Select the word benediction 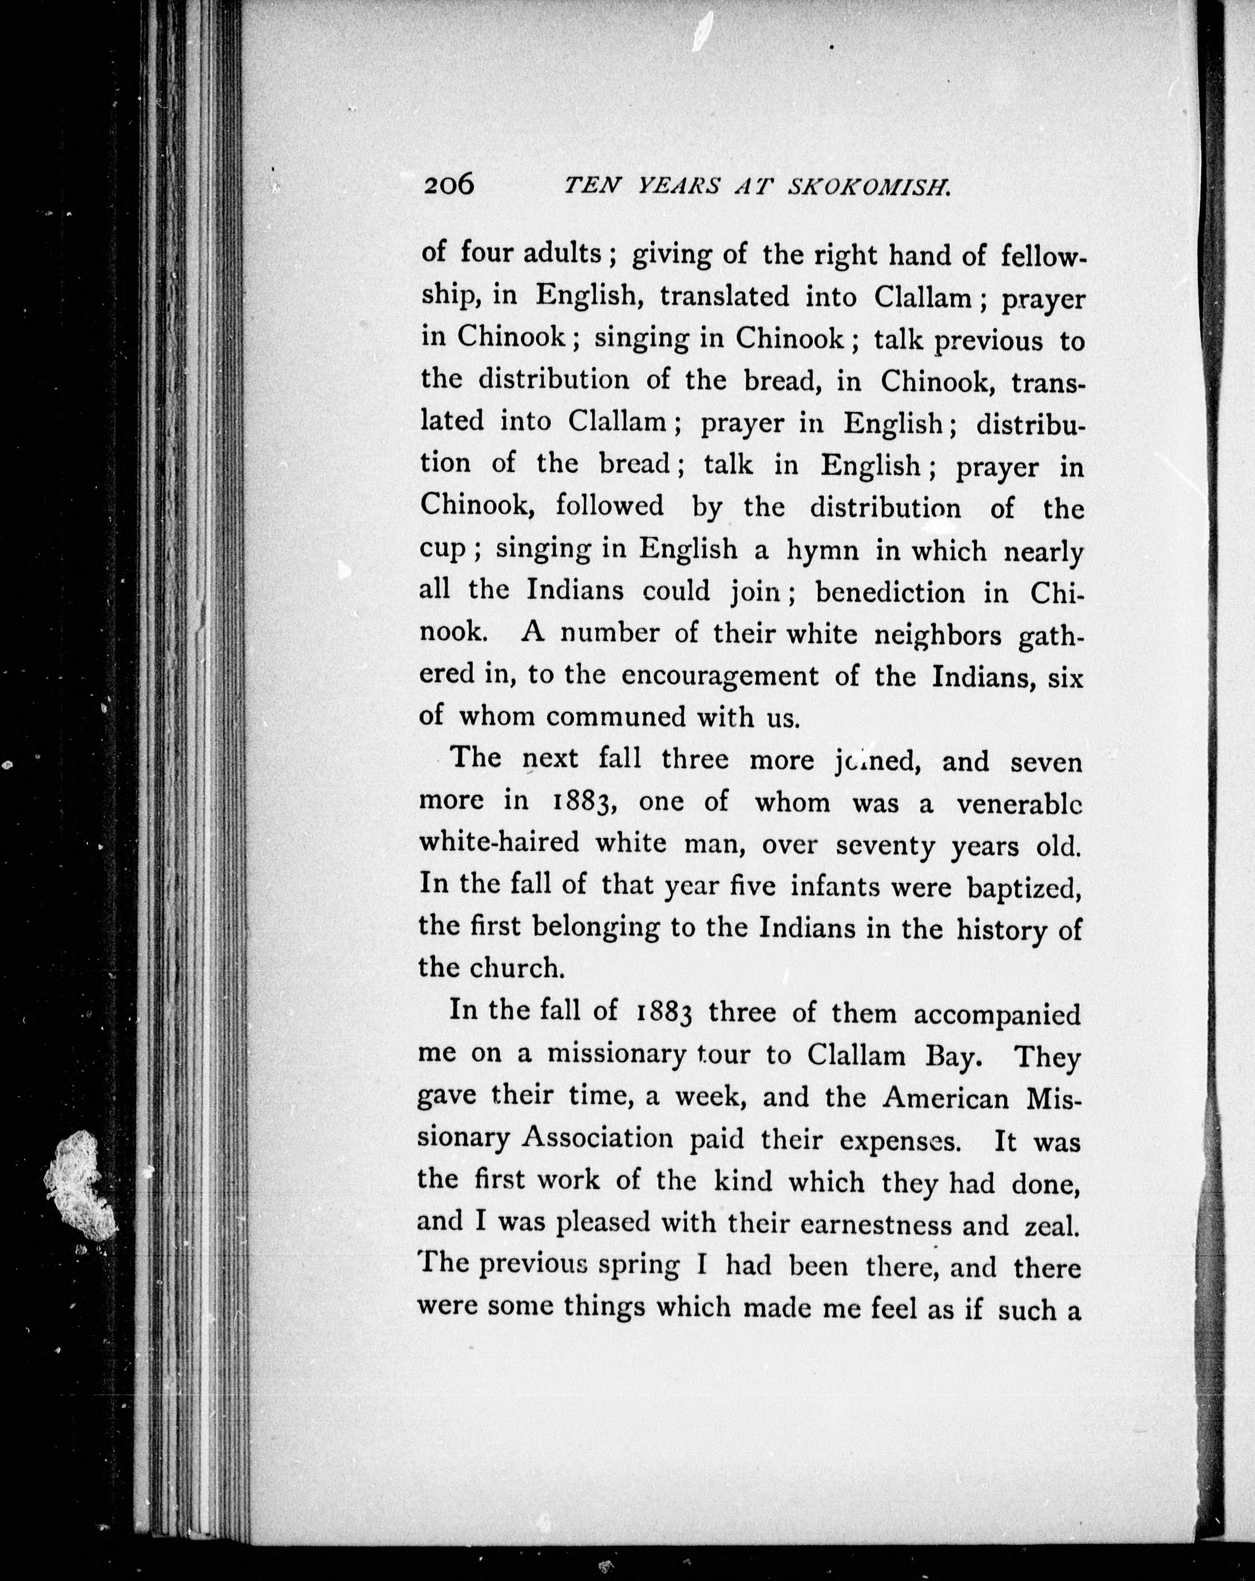click(x=890, y=591)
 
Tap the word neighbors click(x=937, y=633)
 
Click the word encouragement click(x=719, y=676)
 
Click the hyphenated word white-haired click(x=499, y=843)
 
